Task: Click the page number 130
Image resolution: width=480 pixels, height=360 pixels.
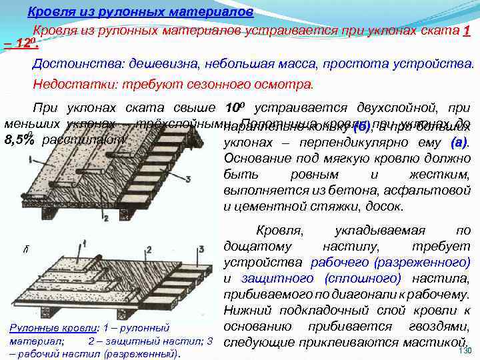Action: (465, 351)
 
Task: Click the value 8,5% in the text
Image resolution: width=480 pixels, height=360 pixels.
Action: (19, 141)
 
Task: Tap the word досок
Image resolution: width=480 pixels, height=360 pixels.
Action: (385, 207)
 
